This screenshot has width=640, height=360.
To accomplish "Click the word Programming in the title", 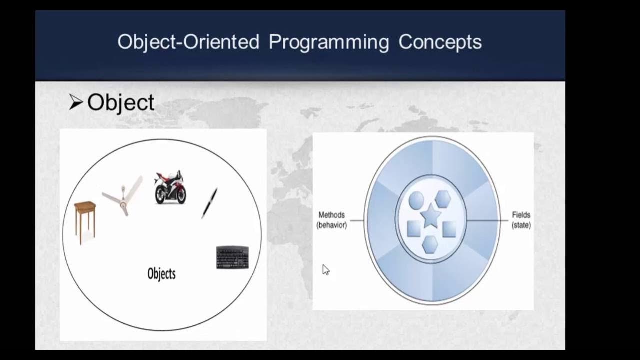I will tap(328, 42).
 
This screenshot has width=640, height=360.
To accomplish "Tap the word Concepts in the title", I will tap(440, 42).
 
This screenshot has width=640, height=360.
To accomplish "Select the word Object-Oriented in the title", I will tap(188, 42).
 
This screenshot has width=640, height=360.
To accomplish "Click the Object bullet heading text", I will tap(120, 102).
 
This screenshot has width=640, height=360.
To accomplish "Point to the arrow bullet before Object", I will tap(75, 103).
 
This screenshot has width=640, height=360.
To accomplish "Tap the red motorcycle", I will tap(170, 187).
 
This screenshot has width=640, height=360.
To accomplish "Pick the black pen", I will tap(209, 202).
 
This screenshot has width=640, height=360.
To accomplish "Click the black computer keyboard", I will tap(232, 257).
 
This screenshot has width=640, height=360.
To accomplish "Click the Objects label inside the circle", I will tap(161, 274).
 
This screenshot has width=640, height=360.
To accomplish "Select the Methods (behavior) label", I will tap(331, 220).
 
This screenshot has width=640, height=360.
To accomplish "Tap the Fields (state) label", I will tap(521, 220).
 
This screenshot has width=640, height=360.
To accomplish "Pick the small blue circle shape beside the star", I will tap(416, 200).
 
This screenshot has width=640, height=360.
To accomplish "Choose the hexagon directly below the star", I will tap(430, 244).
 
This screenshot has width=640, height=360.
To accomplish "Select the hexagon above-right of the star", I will tap(443, 199).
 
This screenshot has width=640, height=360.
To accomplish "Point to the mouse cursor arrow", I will tap(325, 270).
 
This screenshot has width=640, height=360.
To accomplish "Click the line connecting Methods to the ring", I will tap(357, 220).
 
